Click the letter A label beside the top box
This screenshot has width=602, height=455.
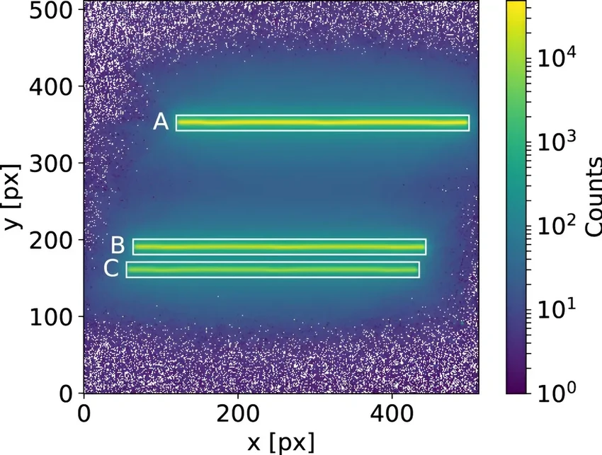click(x=161, y=122)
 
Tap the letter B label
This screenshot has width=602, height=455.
click(x=118, y=246)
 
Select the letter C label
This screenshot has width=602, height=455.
click(x=111, y=269)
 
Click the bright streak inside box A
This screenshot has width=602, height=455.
click(x=322, y=123)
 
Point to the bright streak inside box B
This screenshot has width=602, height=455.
click(x=279, y=246)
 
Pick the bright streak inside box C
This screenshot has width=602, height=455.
click(x=273, y=270)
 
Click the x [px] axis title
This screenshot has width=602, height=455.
click(x=281, y=441)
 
